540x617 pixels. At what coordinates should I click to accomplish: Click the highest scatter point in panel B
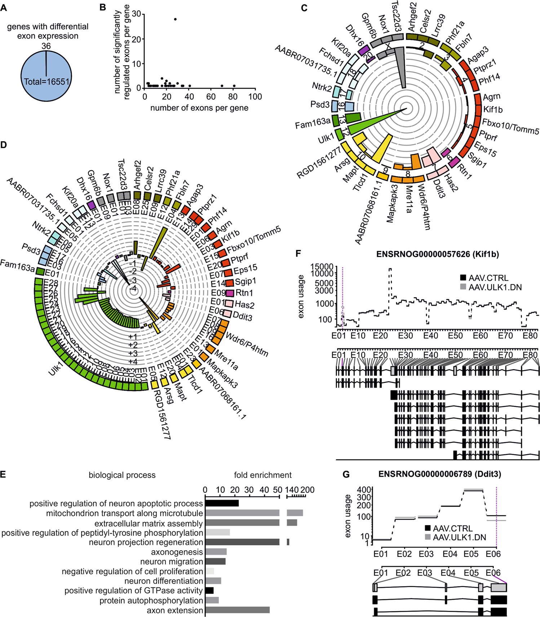point(175,19)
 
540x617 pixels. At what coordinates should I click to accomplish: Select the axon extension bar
point(237,610)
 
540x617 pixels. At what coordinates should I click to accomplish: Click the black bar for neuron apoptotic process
point(222,503)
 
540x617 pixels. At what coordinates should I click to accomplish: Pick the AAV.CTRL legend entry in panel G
point(452,528)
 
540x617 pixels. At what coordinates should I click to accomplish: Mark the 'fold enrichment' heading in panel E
point(262,475)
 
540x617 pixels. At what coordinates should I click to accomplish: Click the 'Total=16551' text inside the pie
point(46,82)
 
